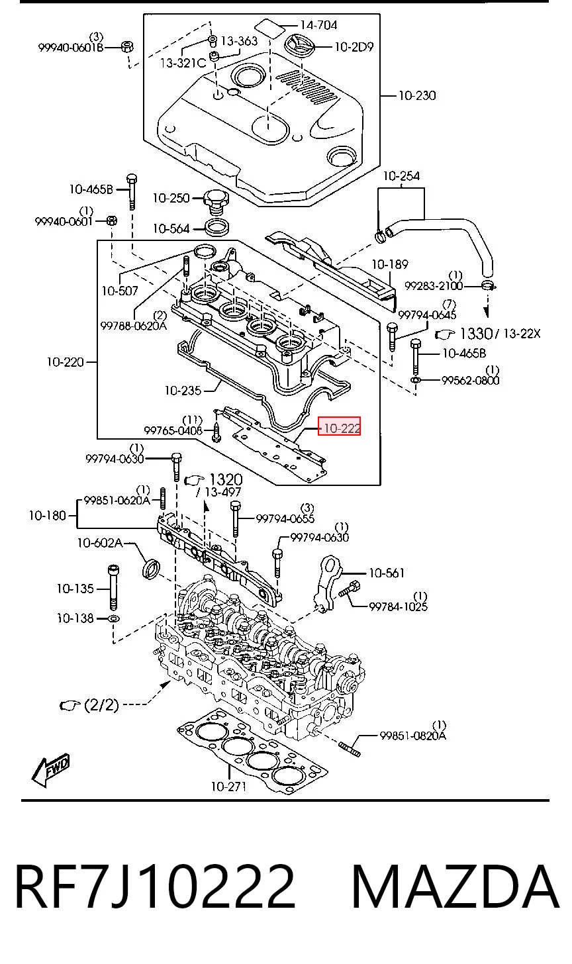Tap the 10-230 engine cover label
(x=417, y=95)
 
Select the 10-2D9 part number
(x=354, y=46)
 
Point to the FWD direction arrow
(x=51, y=769)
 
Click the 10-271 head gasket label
(x=228, y=787)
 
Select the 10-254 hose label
(x=401, y=175)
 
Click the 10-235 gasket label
(x=183, y=391)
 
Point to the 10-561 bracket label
(x=387, y=573)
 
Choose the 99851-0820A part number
(x=412, y=736)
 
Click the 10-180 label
(x=48, y=515)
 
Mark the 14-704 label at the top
(x=318, y=25)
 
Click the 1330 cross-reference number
(x=475, y=333)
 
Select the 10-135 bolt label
(x=75, y=589)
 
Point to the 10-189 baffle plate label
(x=389, y=264)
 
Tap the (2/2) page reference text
(x=101, y=704)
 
